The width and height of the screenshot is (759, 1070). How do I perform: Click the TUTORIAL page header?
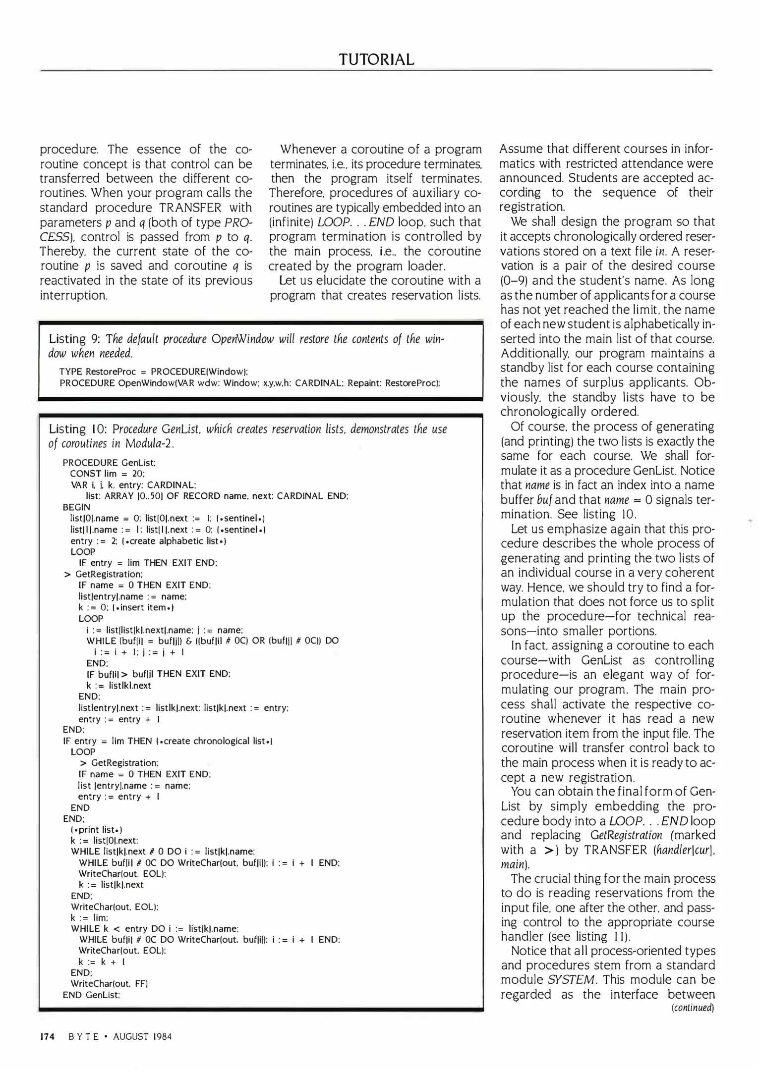tap(376, 59)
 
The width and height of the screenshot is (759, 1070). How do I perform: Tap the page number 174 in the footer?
tap(47, 1036)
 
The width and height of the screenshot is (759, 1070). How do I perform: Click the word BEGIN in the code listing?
tap(76, 507)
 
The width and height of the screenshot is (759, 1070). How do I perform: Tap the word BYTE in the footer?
tap(84, 1036)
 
